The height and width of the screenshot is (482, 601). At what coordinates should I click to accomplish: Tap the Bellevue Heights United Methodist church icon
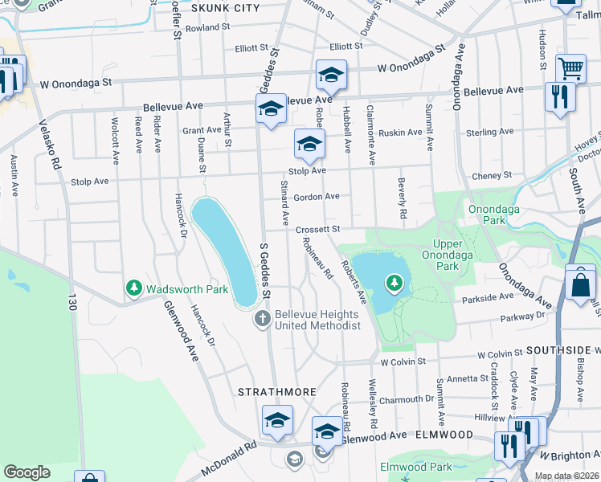coord(262,320)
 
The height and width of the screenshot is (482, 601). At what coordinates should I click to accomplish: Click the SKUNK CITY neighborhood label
coord(226,8)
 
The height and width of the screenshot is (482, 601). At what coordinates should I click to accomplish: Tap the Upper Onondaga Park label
coord(448,255)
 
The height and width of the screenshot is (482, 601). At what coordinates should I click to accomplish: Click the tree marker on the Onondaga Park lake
coord(394,282)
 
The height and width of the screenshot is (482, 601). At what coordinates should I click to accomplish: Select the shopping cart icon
coord(570,69)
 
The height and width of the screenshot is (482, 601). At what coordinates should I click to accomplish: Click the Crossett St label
coord(318,230)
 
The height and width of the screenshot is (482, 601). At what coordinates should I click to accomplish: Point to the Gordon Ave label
coord(317,197)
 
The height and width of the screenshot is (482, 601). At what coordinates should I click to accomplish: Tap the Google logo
coord(27,472)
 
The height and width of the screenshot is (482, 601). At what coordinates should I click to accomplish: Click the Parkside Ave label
coord(488,296)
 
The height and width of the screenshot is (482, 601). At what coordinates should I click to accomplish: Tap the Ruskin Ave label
coord(400,133)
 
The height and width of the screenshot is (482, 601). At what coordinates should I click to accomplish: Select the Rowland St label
coord(207,27)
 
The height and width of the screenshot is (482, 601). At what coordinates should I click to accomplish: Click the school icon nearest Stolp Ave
coord(309,145)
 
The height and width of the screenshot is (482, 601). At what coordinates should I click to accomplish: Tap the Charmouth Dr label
coord(407,399)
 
